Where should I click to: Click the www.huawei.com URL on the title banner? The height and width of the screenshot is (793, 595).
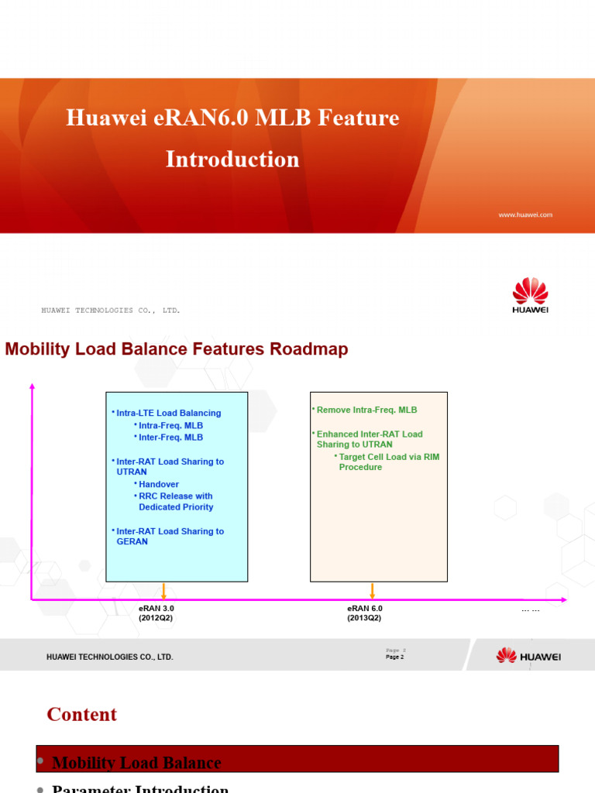[x=525, y=215]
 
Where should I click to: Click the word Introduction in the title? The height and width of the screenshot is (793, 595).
[x=232, y=160]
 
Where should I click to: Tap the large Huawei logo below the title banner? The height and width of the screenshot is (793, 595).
[x=530, y=296]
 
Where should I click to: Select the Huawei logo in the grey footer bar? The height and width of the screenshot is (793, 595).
[x=528, y=656]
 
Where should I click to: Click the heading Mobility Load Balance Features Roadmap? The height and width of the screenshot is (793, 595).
[x=177, y=349]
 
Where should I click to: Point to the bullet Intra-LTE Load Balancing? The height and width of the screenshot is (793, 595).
[x=168, y=413]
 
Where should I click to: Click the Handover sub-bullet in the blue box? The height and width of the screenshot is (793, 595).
[x=158, y=484]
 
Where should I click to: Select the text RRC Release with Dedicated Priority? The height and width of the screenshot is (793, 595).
[x=175, y=502]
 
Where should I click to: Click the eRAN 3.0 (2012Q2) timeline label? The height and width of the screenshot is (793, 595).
[x=156, y=613]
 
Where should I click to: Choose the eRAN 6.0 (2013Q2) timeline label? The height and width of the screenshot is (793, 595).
[x=364, y=613]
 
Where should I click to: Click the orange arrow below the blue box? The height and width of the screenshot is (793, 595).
[x=163, y=591]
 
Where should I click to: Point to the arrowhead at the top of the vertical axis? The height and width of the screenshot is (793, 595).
[x=32, y=386]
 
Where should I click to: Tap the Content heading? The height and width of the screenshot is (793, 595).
[x=82, y=714]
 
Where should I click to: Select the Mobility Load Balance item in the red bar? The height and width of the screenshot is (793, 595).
[x=136, y=763]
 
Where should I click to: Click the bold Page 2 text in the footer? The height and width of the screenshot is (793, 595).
[x=394, y=657]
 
